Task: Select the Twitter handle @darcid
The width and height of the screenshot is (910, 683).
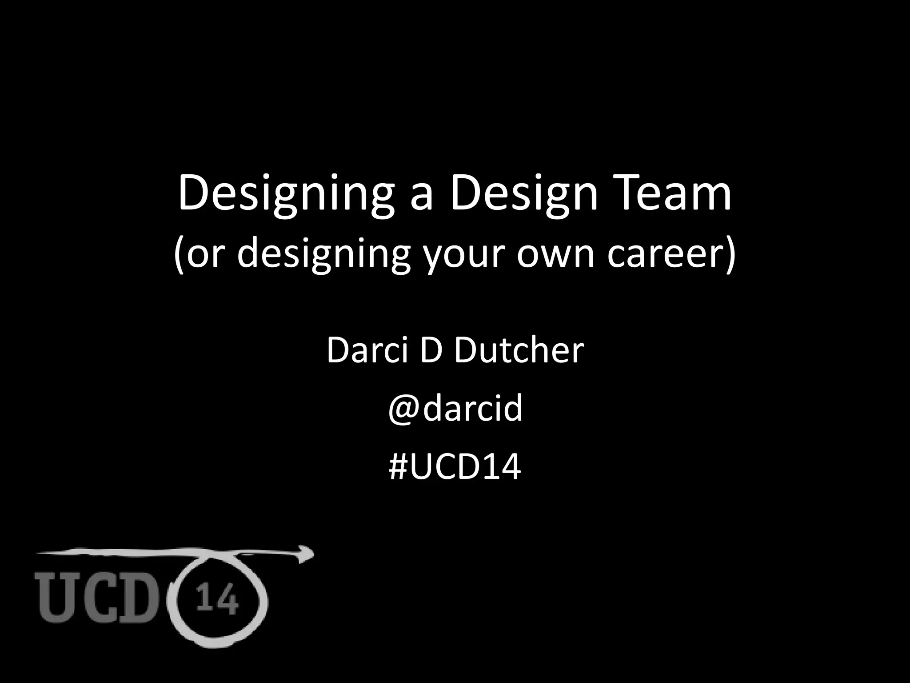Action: [x=455, y=409]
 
